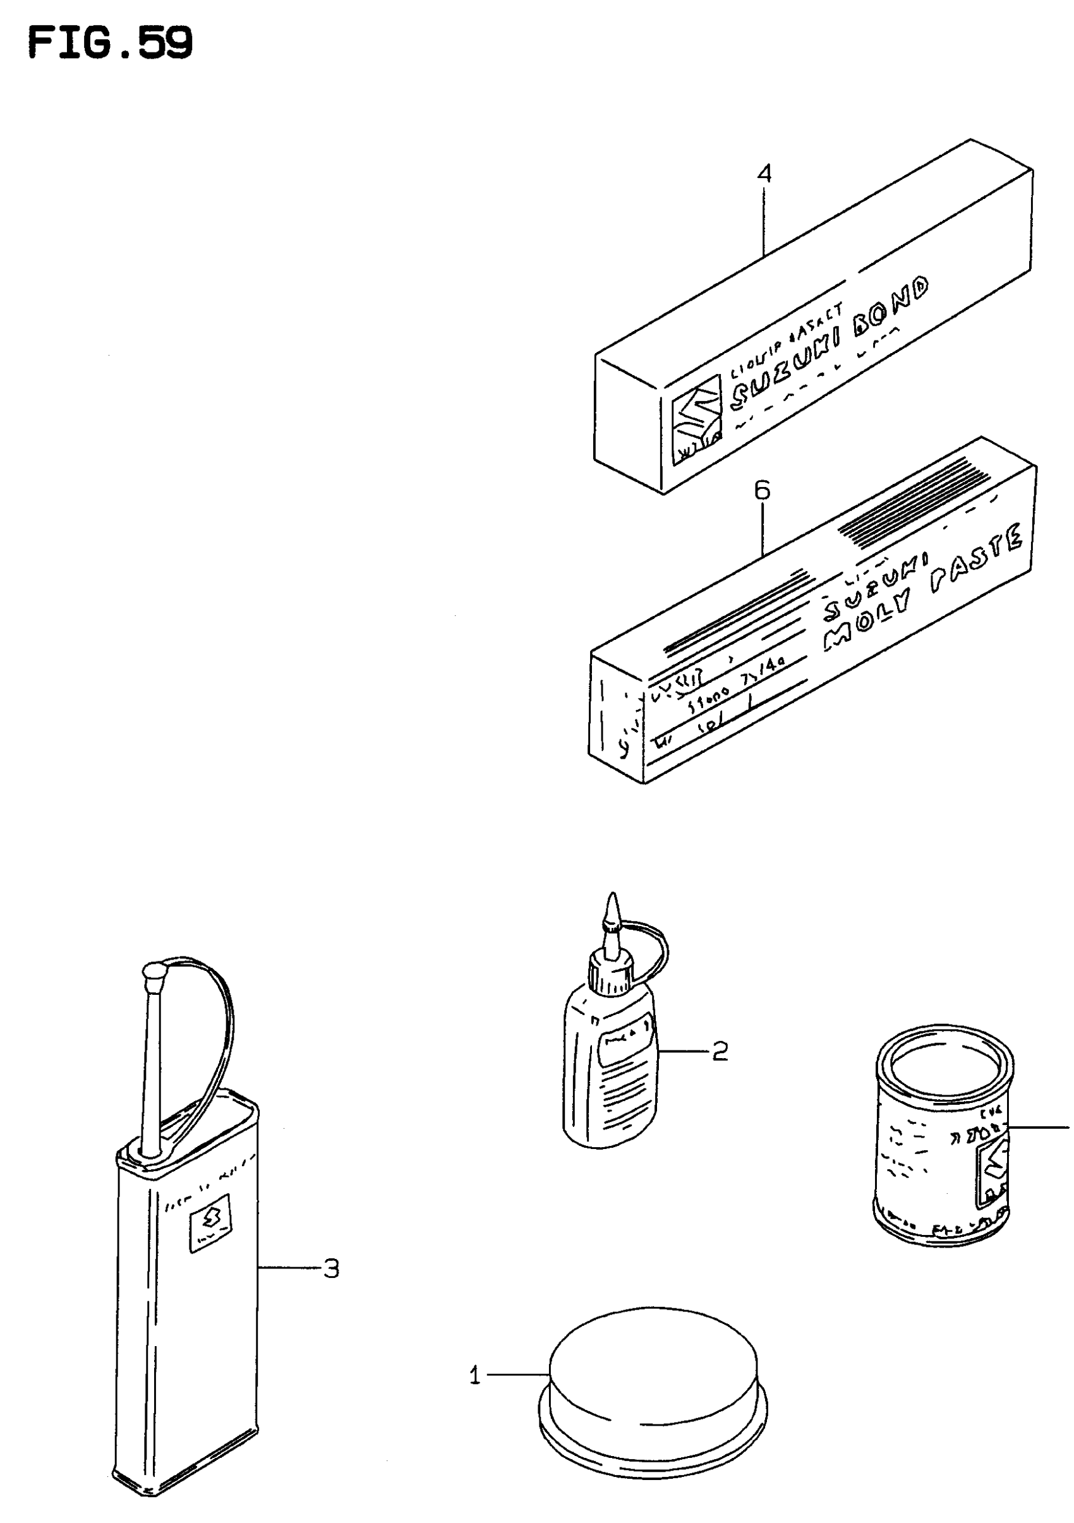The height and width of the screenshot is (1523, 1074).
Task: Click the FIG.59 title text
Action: click(110, 44)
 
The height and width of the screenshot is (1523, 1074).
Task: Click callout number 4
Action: click(764, 174)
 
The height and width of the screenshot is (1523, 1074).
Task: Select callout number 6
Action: click(762, 491)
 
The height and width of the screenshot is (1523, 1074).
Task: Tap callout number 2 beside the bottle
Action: click(720, 1051)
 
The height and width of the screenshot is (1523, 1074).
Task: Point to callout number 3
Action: click(331, 1269)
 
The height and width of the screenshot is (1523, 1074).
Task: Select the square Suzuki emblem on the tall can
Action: click(210, 1222)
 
